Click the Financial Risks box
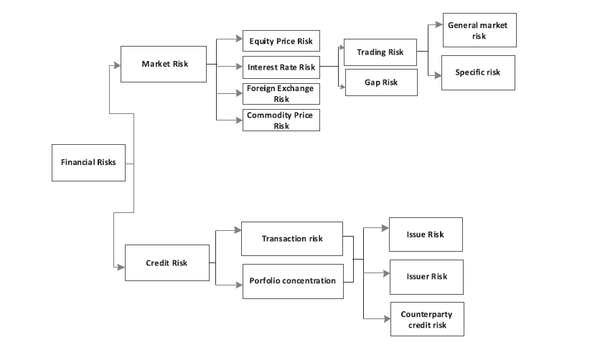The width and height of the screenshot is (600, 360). point(89,162)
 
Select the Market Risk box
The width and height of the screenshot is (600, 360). point(164,64)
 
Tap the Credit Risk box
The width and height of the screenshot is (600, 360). point(167,263)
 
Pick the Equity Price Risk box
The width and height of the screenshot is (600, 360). point(281,41)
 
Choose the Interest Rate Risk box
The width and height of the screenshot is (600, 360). point(281,67)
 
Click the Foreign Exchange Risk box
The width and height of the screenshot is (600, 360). point(281,94)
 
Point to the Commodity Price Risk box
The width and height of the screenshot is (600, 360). point(281,120)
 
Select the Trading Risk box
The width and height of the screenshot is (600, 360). point(380,52)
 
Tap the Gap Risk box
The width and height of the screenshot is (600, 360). point(380,82)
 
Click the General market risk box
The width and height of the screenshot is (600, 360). point(479,30)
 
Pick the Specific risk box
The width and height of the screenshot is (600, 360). point(478,72)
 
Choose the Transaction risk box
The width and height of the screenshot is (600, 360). point(292,239)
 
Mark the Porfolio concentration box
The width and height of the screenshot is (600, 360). point(292,280)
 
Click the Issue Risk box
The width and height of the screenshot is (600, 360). point(426,235)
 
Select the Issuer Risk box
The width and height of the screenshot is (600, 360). point(426,277)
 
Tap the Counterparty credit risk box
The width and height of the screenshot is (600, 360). point(427,319)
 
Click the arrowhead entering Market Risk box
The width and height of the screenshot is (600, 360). point(116,65)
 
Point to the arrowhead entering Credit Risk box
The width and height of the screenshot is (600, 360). point(121,266)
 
